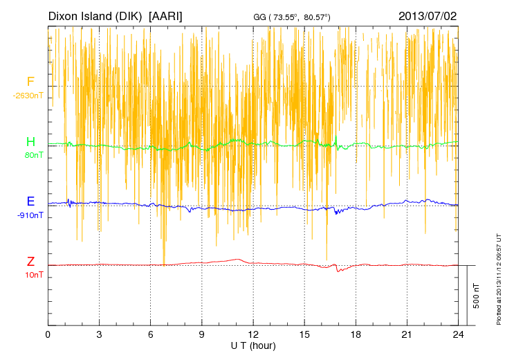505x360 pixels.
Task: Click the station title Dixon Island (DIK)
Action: tap(95, 15)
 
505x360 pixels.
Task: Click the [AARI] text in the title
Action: tap(166, 15)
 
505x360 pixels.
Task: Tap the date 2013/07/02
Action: tap(428, 15)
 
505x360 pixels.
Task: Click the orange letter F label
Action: tap(30, 82)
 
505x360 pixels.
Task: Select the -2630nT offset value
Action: tap(28, 96)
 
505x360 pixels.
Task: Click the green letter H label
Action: tap(30, 142)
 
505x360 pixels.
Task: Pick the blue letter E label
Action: tap(30, 201)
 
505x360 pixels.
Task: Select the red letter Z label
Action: tap(30, 262)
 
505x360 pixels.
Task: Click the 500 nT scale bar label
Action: tap(477, 296)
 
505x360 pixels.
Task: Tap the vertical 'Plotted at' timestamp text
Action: tap(499, 277)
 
